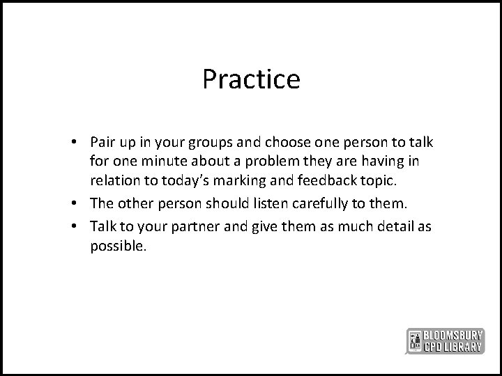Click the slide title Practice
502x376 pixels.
click(x=251, y=79)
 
